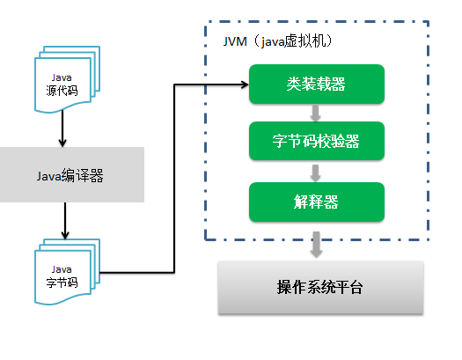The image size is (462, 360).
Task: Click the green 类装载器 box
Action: click(x=317, y=84)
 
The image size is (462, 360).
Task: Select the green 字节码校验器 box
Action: click(x=317, y=141)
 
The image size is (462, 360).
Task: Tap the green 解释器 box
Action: click(x=317, y=202)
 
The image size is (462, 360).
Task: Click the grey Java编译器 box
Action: click(x=71, y=174)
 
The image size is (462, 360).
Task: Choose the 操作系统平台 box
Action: click(x=320, y=287)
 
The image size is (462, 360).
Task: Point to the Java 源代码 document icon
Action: click(x=67, y=79)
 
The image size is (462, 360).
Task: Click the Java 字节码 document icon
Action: click(x=67, y=272)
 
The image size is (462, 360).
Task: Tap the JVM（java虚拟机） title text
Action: click(x=278, y=41)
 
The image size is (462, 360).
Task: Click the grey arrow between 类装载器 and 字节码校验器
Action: click(x=316, y=113)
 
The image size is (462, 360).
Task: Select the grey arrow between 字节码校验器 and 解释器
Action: click(x=316, y=173)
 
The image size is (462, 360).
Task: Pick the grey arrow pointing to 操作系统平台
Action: click(x=316, y=245)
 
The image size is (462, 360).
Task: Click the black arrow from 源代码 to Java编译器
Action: click(x=62, y=129)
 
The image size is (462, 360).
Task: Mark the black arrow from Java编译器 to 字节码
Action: click(x=65, y=221)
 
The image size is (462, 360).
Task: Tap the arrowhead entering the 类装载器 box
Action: click(x=245, y=84)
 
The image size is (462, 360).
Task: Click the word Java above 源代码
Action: click(x=62, y=77)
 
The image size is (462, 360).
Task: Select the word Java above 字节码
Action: click(x=62, y=269)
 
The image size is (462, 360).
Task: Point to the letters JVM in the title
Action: click(x=235, y=41)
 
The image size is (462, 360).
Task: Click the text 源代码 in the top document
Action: click(x=62, y=91)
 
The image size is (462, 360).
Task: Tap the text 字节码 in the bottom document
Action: click(x=62, y=283)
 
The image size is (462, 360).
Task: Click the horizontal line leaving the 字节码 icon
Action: click(x=137, y=273)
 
